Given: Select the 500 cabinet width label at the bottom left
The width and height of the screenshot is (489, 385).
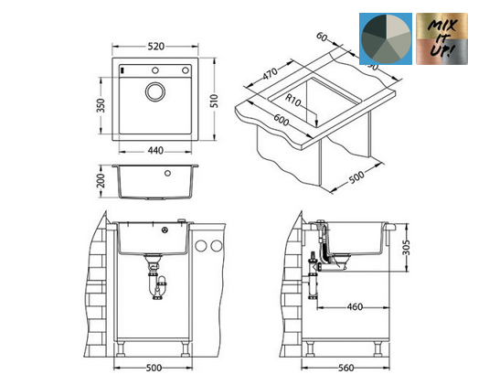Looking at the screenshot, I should [x=154, y=369].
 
